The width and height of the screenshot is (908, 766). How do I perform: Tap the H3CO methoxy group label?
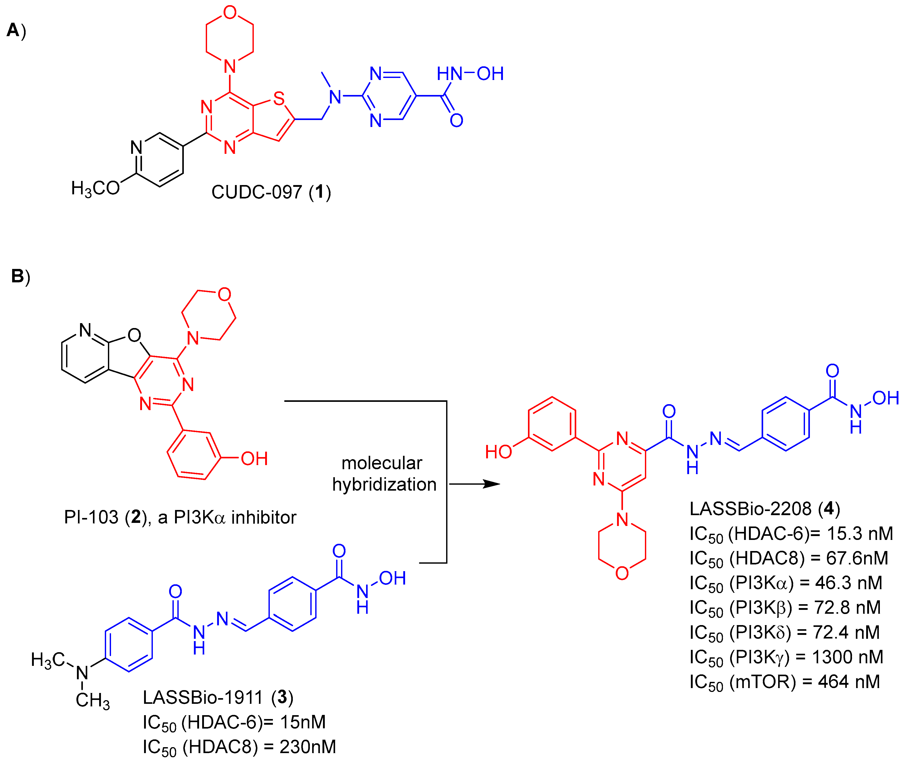coord(95,188)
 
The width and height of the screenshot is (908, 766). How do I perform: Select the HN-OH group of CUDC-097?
coord(470,74)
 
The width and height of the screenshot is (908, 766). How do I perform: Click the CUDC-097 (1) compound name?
coord(271,192)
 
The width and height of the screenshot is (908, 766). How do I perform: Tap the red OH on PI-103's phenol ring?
coord(254,459)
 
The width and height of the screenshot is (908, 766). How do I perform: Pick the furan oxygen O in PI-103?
coord(134,335)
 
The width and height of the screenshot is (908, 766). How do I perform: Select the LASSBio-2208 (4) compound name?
coord(765,508)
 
